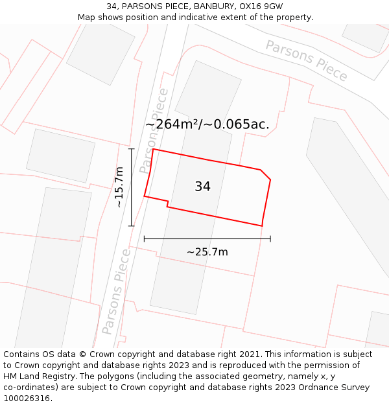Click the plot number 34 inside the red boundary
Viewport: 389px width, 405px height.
[x=202, y=187]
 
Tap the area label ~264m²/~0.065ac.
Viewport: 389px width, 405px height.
[x=207, y=124]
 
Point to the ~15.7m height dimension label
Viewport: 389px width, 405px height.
[x=119, y=187]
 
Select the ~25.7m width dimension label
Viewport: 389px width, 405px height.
[x=207, y=252]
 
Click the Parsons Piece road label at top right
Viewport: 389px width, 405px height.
[x=306, y=60]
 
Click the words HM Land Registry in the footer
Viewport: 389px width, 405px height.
[x=35, y=376]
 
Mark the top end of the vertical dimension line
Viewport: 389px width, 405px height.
[x=132, y=149]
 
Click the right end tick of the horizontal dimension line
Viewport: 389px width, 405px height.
[x=270, y=239]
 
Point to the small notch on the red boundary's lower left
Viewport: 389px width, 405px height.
[x=167, y=203]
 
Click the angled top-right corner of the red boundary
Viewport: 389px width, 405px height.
[x=265, y=174]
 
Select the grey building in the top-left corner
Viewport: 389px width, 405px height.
[x=100, y=52]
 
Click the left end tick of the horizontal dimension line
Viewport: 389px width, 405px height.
[x=144, y=239]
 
